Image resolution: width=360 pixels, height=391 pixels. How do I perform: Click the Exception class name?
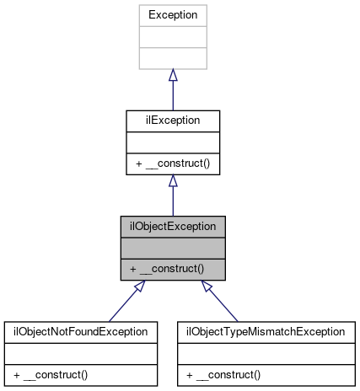pyautogui.click(x=172, y=15)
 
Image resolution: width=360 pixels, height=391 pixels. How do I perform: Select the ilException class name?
pyautogui.click(x=172, y=121)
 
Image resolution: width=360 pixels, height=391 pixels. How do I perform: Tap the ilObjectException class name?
pyautogui.click(x=172, y=226)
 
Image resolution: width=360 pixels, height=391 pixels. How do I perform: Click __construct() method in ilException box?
pyautogui.click(x=172, y=163)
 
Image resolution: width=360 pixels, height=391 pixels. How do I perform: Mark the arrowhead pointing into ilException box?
pyautogui.click(x=172, y=181)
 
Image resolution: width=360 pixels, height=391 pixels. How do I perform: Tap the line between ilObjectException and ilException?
pyautogui.click(x=172, y=201)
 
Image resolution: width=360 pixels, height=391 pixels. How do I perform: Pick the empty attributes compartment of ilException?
pyautogui.click(x=172, y=142)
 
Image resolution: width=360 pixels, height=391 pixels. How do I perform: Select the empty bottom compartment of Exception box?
pyautogui.click(x=172, y=58)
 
